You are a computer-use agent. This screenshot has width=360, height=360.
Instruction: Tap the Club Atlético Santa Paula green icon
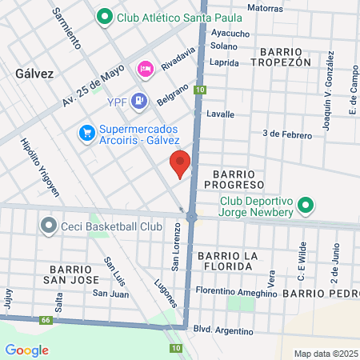click(104, 16)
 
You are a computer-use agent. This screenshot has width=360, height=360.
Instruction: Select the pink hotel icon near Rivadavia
click(145, 69)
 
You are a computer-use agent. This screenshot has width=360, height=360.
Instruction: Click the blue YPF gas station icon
click(139, 100)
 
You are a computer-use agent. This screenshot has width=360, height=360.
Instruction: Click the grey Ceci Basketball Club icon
click(49, 226)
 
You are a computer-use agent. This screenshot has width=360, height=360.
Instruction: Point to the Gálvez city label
click(34, 73)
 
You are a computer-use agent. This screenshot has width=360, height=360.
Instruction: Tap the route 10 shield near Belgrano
click(199, 90)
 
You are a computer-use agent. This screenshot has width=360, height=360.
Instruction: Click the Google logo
click(26, 350)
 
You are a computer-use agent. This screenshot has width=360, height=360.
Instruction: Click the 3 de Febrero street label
click(286, 134)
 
